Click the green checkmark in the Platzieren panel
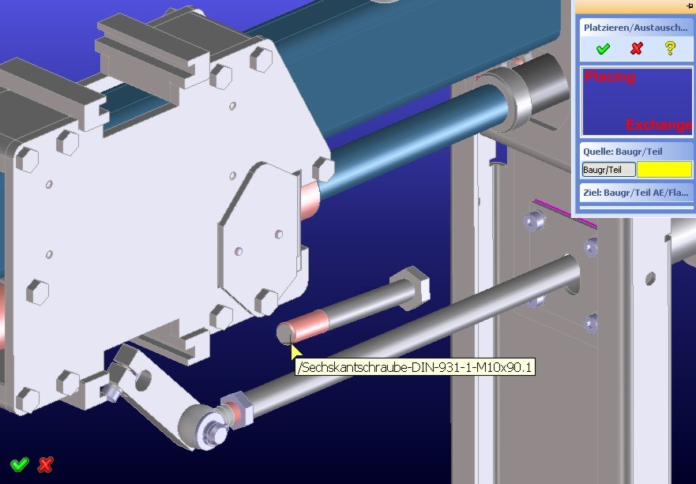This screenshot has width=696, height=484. tap(602, 48)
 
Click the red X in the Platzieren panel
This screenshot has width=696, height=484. tap(637, 48)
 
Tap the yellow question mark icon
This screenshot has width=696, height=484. tap(670, 48)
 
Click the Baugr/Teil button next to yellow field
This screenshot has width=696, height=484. tap(608, 170)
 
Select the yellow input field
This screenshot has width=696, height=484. tap(664, 170)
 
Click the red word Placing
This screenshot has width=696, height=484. tap(610, 77)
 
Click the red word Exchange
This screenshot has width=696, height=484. tap(659, 125)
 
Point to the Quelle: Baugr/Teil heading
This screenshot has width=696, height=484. tap(623, 152)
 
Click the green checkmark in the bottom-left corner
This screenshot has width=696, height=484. tap(20, 464)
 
